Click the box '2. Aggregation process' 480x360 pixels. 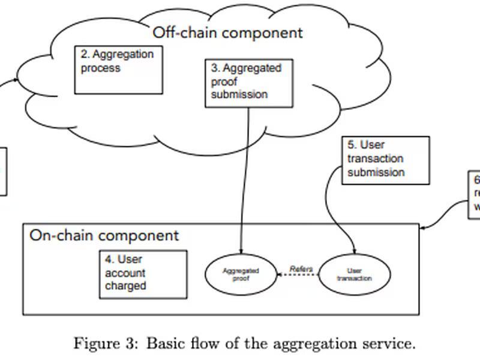[x=118, y=70]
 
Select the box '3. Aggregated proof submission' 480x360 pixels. [x=248, y=83]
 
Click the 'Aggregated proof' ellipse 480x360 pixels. [x=240, y=275]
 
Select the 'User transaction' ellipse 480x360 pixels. [x=354, y=275]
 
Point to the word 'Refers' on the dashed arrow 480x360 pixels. [x=301, y=268]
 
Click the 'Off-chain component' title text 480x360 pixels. [x=227, y=32]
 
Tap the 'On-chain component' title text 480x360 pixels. [x=104, y=235]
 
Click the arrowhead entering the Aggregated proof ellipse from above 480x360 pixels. [x=241, y=251]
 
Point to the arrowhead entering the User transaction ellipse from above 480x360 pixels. [x=355, y=251]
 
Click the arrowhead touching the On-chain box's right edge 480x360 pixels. [x=423, y=228]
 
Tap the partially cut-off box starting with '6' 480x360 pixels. [x=475, y=194]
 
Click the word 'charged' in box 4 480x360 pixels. [x=125, y=286]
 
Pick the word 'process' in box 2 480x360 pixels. [x=101, y=68]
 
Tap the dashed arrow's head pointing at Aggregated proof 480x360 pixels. [x=279, y=275]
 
